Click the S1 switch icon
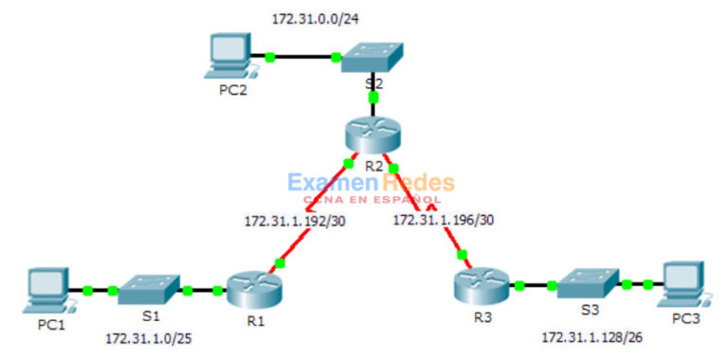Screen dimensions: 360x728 tap(150, 289)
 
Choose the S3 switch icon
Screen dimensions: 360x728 tap(587, 283)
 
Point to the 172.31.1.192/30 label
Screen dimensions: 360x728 tap(295, 221)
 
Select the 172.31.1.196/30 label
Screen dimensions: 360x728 tap(443, 221)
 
